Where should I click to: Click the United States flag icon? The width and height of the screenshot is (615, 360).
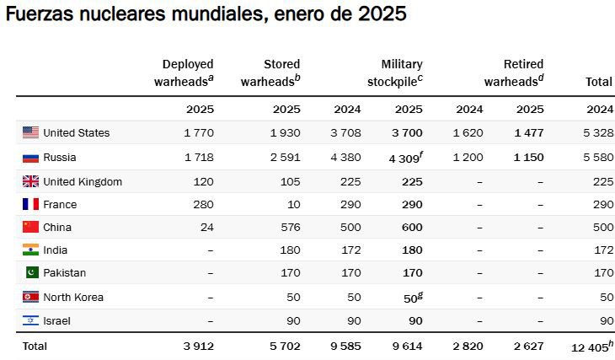tap(31, 132)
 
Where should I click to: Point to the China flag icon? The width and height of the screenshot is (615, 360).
tap(31, 227)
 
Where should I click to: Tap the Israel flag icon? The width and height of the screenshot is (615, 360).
tap(31, 320)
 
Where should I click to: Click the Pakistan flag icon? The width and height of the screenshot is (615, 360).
tap(31, 272)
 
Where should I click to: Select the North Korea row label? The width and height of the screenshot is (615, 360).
tap(72, 297)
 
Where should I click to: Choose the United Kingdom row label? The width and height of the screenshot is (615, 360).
tap(83, 181)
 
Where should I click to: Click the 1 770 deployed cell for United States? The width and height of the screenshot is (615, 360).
tap(200, 132)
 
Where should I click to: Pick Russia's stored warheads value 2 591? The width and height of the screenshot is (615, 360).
tap(286, 158)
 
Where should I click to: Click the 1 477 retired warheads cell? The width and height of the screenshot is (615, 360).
tap(528, 132)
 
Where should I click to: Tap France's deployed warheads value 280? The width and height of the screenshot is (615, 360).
tap(205, 204)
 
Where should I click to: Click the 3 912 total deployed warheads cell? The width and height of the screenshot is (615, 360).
tap(200, 346)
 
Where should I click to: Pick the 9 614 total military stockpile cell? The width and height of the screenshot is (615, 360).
tap(408, 346)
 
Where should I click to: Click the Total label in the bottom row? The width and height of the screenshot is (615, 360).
tap(35, 346)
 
